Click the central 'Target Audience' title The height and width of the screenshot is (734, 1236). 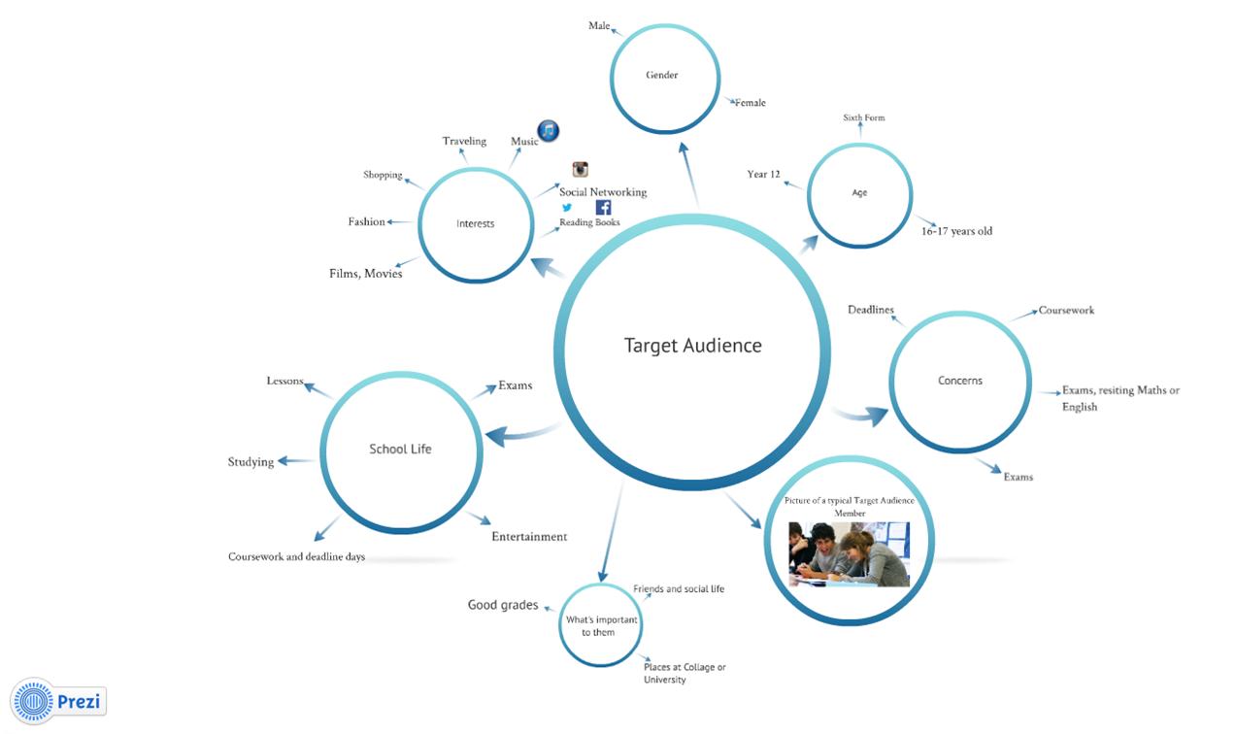click(692, 346)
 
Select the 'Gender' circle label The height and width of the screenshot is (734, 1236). click(661, 76)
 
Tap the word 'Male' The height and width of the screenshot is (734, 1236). click(599, 26)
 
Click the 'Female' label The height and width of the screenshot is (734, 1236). click(750, 103)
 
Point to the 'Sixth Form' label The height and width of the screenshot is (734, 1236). click(863, 118)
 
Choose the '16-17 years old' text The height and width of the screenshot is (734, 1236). click(956, 232)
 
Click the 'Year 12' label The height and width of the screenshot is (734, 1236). click(763, 175)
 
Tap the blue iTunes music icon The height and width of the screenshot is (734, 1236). click(549, 131)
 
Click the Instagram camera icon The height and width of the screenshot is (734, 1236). click(581, 170)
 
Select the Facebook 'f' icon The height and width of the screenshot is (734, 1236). click(603, 208)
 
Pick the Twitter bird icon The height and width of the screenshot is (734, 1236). click(567, 208)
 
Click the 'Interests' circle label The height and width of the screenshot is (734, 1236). click(475, 224)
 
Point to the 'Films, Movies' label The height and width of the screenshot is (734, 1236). click(365, 274)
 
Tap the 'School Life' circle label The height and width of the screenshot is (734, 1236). click(400, 450)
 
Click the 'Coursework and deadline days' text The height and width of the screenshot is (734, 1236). click(296, 557)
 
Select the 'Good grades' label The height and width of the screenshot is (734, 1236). click(502, 605)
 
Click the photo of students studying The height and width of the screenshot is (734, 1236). click(849, 553)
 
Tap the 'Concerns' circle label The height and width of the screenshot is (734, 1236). click(959, 381)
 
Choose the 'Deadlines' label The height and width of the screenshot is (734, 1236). click(870, 311)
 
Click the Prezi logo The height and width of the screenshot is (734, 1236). click(57, 701)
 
